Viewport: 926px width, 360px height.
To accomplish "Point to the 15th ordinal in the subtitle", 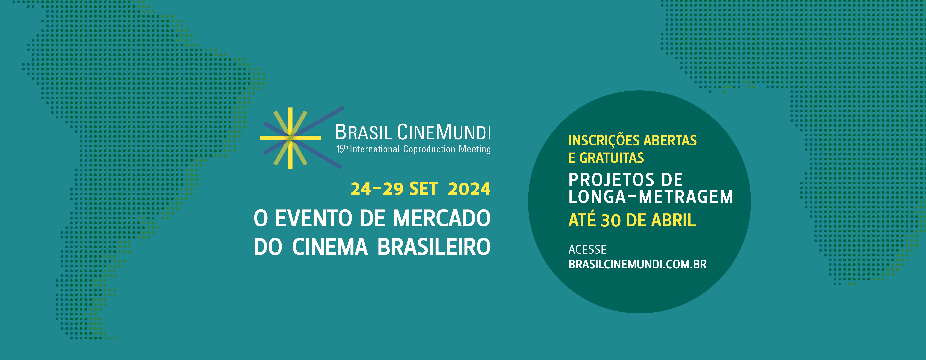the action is (342, 149).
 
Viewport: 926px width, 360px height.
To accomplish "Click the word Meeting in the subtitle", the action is (474, 149).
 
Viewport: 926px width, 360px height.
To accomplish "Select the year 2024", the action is (469, 189).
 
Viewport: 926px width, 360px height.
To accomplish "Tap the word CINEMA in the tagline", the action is (330, 247).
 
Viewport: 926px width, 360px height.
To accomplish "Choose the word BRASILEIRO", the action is (434, 247).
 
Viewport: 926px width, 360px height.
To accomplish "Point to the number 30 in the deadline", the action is (611, 220).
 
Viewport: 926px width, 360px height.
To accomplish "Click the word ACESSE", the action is (587, 249).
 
